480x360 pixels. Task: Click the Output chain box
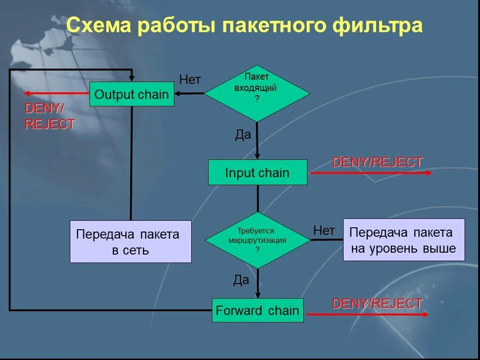(x=132, y=94)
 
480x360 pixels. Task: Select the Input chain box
(x=257, y=172)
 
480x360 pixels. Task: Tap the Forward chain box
(x=257, y=310)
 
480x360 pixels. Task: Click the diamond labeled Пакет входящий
(x=257, y=93)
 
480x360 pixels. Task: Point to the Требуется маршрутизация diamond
(x=257, y=240)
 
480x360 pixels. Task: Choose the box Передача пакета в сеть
(x=130, y=241)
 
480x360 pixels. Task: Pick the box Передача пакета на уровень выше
(x=404, y=240)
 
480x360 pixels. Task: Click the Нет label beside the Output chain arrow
(x=190, y=80)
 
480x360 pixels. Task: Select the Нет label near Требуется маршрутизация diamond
(x=324, y=230)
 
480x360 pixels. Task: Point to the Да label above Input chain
(x=243, y=135)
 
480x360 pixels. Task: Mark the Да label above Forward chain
(x=241, y=280)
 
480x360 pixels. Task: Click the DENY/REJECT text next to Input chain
(x=377, y=162)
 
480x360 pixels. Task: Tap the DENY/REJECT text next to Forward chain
(x=377, y=303)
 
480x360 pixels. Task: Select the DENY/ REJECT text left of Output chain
(x=49, y=116)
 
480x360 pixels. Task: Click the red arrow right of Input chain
(x=370, y=173)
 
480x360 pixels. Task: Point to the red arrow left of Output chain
(x=57, y=93)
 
